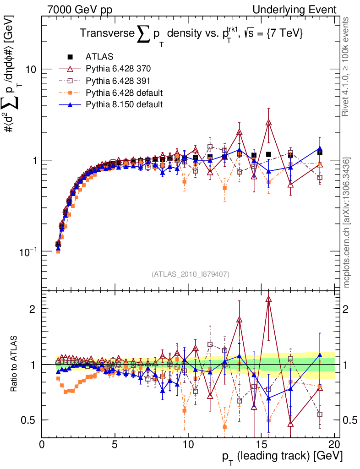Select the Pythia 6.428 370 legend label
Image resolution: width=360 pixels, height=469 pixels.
pyautogui.click(x=118, y=69)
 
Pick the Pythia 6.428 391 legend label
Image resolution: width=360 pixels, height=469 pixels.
pyautogui.click(x=118, y=81)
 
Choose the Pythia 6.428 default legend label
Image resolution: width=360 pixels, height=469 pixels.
pyautogui.click(x=124, y=93)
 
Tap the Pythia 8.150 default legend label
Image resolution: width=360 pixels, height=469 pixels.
pyautogui.click(x=124, y=104)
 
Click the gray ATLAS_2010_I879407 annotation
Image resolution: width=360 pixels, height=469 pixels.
pyautogui.click(x=191, y=274)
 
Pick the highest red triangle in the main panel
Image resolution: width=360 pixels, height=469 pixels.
pyautogui.click(x=269, y=122)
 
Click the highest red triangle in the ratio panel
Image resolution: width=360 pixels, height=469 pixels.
pyautogui.click(x=269, y=299)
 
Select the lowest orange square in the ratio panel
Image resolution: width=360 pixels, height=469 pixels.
pyautogui.click(x=225, y=427)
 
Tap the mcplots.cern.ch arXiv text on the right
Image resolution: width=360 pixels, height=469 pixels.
pyautogui.click(x=347, y=223)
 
